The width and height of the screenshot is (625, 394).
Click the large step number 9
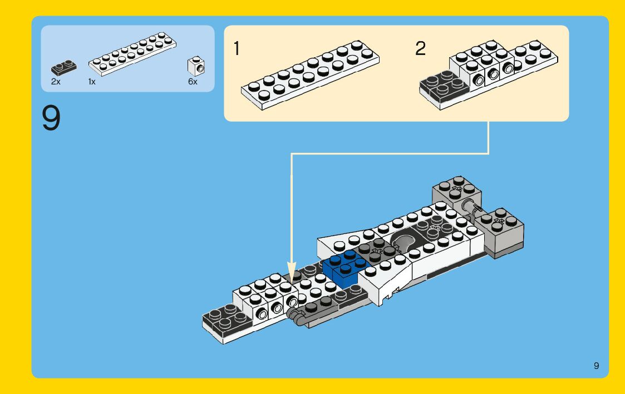(x=51, y=118)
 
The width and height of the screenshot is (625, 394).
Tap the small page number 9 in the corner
(x=596, y=365)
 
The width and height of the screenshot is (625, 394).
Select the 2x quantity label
(x=56, y=82)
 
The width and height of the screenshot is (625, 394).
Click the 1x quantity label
(x=92, y=82)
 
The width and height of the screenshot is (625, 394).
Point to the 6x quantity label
(x=193, y=82)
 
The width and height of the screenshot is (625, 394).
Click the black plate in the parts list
(x=65, y=68)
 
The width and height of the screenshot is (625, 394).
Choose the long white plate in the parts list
(x=134, y=53)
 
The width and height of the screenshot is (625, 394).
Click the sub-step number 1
(x=237, y=49)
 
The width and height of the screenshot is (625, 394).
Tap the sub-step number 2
(x=420, y=49)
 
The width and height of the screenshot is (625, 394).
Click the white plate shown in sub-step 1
(x=310, y=74)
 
